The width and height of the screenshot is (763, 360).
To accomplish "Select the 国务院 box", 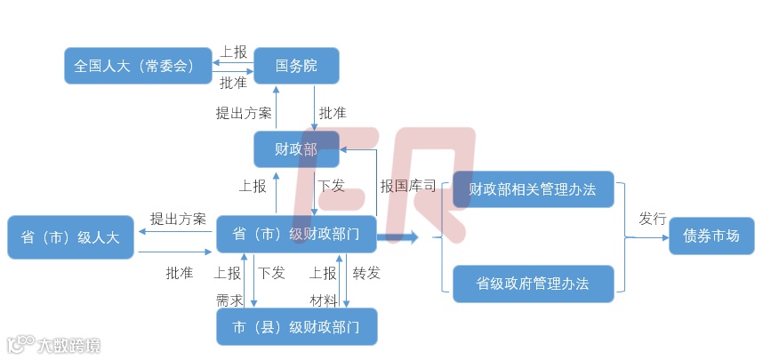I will (x=295, y=66).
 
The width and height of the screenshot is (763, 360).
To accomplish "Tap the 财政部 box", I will (x=295, y=149).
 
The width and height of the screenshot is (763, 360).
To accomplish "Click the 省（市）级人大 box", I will (x=70, y=237).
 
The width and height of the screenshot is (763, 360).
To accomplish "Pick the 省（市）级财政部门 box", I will (x=295, y=235).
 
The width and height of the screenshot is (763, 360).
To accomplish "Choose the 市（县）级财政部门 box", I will (x=295, y=327).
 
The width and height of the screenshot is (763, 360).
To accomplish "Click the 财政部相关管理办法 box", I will (x=533, y=189).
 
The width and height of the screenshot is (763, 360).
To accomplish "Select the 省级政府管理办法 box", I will (x=533, y=284).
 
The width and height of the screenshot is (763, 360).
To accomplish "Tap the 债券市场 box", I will (x=711, y=236).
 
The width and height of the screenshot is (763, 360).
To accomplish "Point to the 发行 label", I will (x=652, y=219).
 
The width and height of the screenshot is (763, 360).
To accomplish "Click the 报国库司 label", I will (x=407, y=187).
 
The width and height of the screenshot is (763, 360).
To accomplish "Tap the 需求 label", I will (x=229, y=300).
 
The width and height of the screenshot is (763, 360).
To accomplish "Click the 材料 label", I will (x=323, y=300).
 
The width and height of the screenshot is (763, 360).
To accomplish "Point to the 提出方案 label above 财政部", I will (x=243, y=113).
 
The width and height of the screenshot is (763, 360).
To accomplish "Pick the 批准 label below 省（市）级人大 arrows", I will (x=179, y=273).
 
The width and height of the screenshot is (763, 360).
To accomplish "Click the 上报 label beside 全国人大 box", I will (x=233, y=52).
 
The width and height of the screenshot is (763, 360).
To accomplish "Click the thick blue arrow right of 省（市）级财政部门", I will (x=398, y=237).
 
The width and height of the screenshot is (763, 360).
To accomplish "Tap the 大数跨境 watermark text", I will (x=67, y=344).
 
